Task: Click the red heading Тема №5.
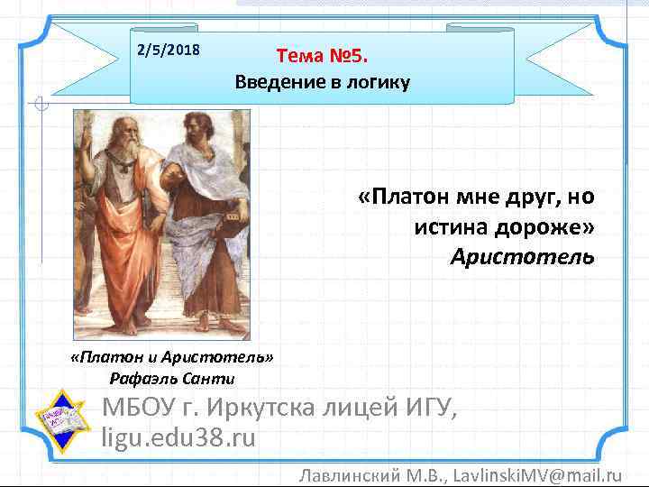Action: point(323,57)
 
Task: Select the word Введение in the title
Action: point(275,83)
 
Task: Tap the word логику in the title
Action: point(377,83)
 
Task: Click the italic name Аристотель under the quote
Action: point(523,258)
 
